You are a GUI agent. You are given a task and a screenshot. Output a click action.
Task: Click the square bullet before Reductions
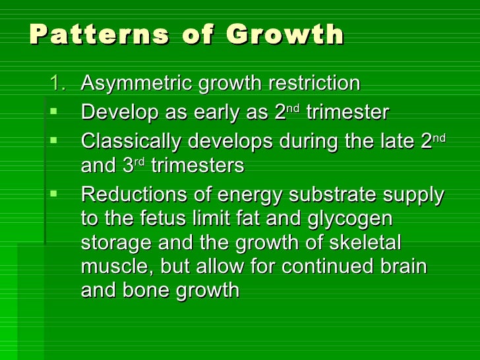tap(55, 195)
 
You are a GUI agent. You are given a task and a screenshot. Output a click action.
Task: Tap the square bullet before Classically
tap(55, 140)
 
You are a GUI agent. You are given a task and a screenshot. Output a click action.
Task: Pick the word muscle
tap(112, 267)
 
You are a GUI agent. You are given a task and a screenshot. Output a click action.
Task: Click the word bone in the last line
tap(147, 291)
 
